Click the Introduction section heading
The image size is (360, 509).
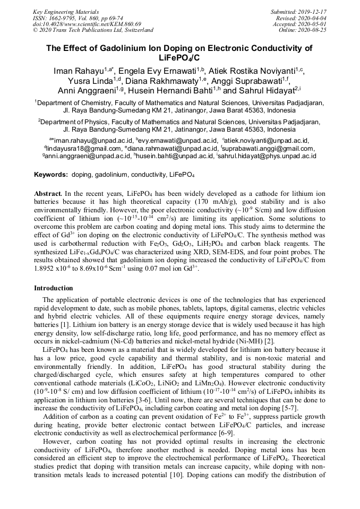click(x=53, y=288)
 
